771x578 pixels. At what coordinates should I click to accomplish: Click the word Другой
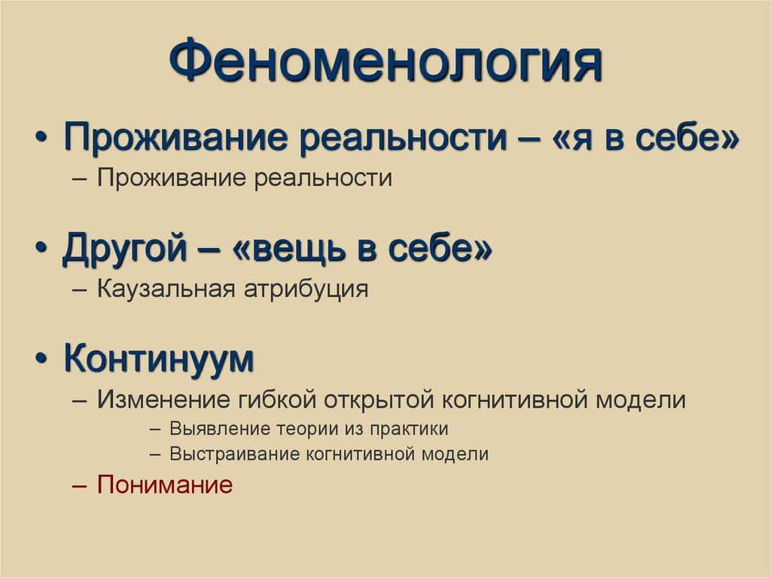click(124, 249)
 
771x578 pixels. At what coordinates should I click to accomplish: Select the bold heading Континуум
click(159, 359)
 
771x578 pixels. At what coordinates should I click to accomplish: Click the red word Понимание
click(165, 485)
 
